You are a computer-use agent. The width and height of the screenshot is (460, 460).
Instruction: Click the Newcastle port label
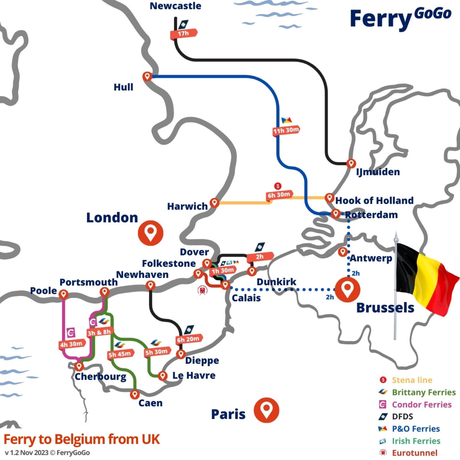coord(175,6)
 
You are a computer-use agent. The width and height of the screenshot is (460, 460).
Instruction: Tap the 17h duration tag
coord(184,33)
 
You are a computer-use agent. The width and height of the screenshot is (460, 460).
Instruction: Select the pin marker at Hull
coord(147,76)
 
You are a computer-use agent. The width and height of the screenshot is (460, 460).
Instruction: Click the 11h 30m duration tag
coord(286,130)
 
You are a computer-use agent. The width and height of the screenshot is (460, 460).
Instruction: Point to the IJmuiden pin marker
coord(351,163)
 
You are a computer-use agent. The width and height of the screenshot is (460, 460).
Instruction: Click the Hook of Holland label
coord(374,200)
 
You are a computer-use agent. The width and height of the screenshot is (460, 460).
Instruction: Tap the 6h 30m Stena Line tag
coord(279,195)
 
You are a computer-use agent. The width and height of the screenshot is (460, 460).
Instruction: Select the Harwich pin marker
coord(214,202)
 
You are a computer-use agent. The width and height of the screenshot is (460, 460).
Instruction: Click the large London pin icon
coord(150,233)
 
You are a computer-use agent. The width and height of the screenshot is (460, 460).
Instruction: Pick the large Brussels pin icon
coord(347,289)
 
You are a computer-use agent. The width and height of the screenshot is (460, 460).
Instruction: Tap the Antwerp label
coord(371,258)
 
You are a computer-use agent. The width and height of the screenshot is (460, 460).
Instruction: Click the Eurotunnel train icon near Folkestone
coord(203,290)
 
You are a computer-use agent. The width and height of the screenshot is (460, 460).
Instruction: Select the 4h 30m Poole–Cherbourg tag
coord(71,344)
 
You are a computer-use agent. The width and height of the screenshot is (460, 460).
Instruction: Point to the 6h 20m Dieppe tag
coord(188,339)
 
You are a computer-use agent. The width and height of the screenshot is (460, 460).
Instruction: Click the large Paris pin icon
coord(266,409)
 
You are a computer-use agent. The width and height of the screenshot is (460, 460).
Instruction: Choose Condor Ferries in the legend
coord(421,405)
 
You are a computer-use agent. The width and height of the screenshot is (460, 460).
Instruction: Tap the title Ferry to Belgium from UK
coord(81,439)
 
